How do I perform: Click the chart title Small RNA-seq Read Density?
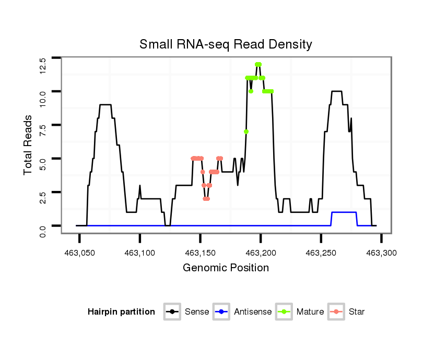coord(226,44)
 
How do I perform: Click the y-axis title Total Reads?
coord(29,145)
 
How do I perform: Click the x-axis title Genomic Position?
coord(226,268)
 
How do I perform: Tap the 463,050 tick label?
coord(79,253)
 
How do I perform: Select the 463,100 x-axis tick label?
coord(140,253)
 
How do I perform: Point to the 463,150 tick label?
coord(201,253)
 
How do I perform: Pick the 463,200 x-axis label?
coord(261,253)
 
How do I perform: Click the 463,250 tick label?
coord(321,253)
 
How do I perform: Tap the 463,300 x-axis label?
coord(381,253)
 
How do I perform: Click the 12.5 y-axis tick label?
coord(43,66)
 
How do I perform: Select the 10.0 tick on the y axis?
coord(43,98)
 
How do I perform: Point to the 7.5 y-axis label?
coord(43,129)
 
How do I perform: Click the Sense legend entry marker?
coord(172,312)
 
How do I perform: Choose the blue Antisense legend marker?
coord(221,312)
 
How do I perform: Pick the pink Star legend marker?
coord(336,312)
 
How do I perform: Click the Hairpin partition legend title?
coord(121,312)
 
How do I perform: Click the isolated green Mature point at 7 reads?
coord(246,131)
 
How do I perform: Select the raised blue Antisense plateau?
coord(344,212)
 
